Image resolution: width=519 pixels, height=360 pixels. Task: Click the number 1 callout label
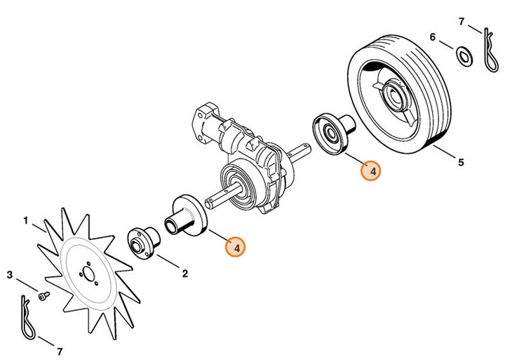[26, 220]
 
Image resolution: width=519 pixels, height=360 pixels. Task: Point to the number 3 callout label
[10, 274]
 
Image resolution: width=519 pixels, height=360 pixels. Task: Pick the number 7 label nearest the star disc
[59, 349]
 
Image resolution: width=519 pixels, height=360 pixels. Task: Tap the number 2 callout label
[185, 274]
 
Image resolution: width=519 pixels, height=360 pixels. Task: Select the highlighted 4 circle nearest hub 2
[237, 248]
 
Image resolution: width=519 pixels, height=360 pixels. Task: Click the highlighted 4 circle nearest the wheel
[371, 171]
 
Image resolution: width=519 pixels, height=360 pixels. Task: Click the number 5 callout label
[461, 163]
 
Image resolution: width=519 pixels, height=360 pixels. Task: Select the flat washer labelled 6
[464, 55]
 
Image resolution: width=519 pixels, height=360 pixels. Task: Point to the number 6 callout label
[433, 36]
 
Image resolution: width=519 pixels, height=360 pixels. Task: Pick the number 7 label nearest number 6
[461, 21]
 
